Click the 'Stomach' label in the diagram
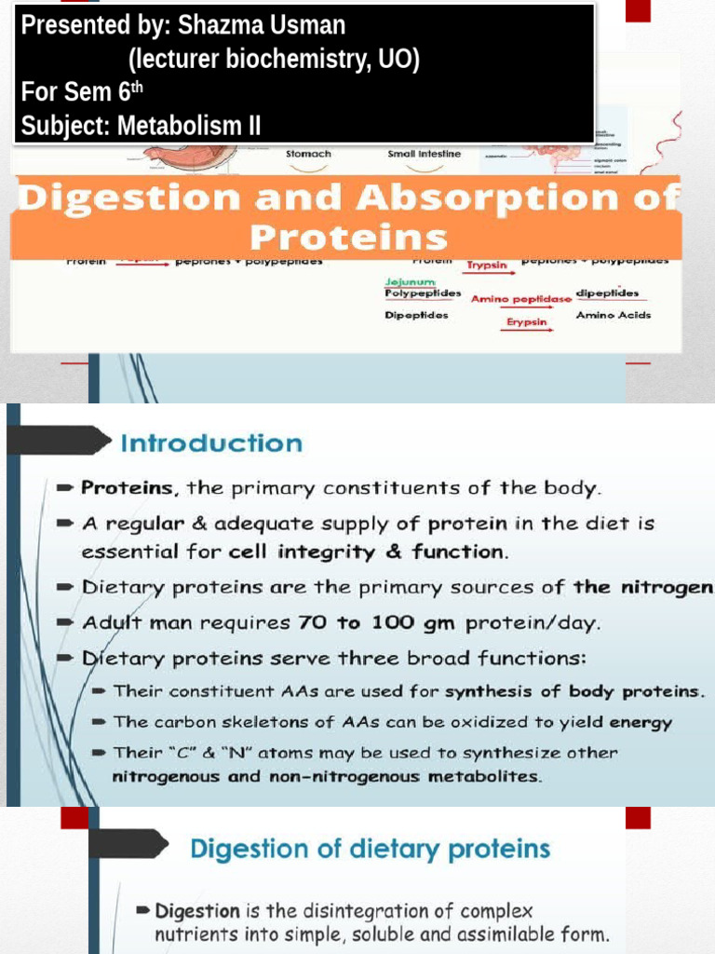coord(308,154)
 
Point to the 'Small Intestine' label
coord(424,154)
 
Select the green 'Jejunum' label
coord(408,280)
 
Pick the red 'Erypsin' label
coord(527,322)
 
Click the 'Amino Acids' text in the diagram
coord(613,315)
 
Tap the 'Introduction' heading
coord(211,443)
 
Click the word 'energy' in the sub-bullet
coord(641,722)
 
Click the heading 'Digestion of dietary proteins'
coord(370,849)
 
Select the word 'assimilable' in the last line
coord(510,934)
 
